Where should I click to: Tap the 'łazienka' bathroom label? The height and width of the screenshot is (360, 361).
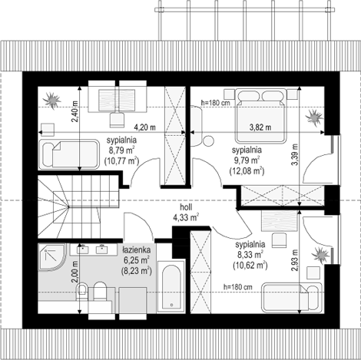tap(136, 250)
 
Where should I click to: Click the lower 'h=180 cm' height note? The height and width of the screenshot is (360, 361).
tap(237, 287)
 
